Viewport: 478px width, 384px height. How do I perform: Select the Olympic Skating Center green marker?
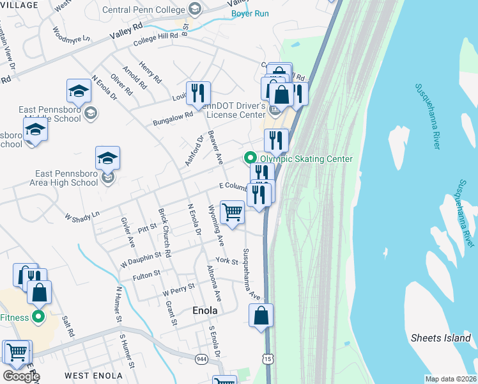pos(249,158)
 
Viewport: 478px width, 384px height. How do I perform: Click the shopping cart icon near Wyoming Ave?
pos(232,212)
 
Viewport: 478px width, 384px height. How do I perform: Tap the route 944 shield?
pos(202,358)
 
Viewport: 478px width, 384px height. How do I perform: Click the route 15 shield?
pos(268,358)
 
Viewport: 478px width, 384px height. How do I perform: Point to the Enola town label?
pos(205,310)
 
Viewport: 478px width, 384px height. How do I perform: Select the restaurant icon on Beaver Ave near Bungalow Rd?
pos(198,93)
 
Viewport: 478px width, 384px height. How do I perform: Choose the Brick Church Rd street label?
pos(164,234)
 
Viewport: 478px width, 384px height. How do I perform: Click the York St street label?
pos(227,260)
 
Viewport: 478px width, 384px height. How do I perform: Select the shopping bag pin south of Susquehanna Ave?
pos(261,315)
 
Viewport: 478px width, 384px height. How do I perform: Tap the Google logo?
pos(21,376)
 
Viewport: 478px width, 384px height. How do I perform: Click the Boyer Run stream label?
pos(249,13)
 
